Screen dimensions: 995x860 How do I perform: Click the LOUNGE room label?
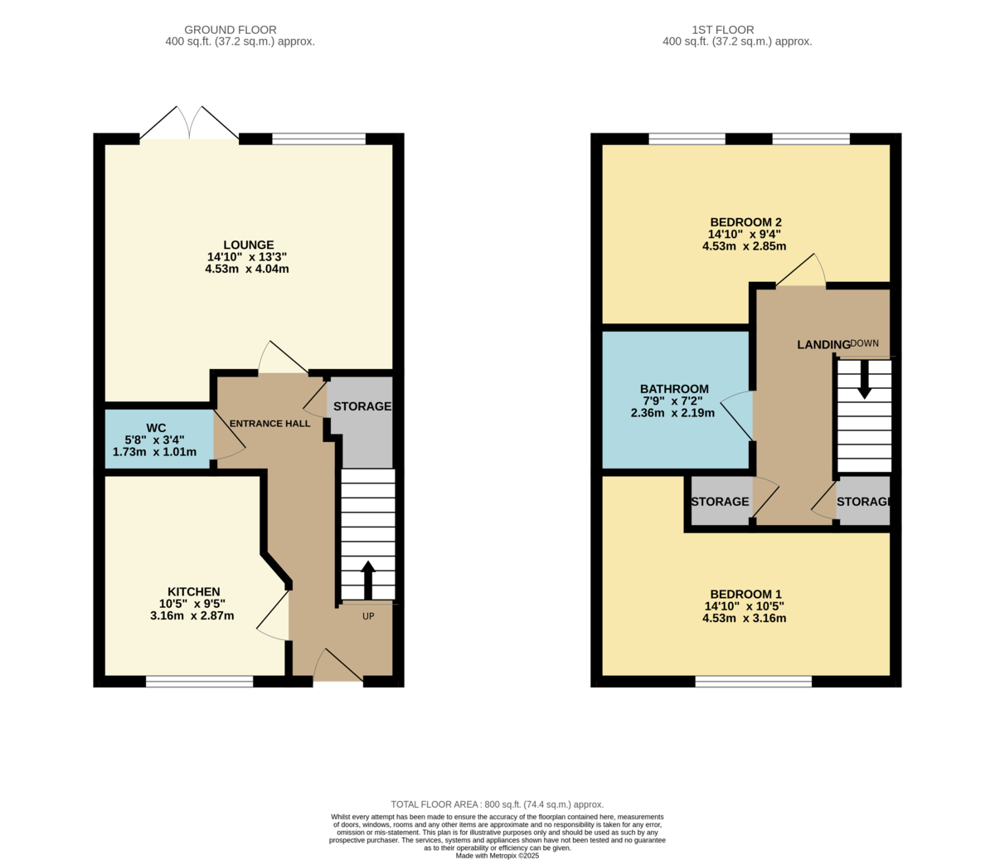249,245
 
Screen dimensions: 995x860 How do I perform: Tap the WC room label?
156,428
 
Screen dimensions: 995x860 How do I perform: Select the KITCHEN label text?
193,591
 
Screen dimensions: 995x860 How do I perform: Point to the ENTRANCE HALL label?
269,423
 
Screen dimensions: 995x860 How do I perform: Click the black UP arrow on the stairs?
368,580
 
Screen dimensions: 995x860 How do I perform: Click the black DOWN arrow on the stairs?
865,380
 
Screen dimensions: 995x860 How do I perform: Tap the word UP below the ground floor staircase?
368,616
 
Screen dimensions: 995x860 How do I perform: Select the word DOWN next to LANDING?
865,343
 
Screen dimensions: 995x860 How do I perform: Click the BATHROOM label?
674,389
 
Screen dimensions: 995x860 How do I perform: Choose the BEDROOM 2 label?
745,222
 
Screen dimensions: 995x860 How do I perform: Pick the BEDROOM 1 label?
745,594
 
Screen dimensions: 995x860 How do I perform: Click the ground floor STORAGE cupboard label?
362,406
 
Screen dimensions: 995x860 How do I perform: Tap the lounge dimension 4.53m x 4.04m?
247,269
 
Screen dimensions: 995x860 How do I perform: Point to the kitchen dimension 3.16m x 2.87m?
192,615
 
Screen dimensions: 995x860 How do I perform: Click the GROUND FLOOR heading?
231,30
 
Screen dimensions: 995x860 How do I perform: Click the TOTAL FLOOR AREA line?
498,804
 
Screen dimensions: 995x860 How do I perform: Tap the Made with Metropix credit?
498,856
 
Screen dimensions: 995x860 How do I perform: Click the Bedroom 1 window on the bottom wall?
754,682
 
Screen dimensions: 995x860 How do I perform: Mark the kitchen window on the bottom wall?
199,682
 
